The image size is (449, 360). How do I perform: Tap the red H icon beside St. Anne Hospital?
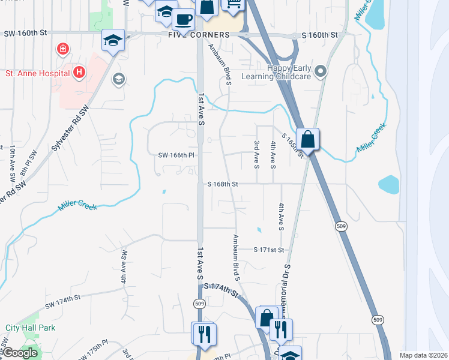[x=79, y=73]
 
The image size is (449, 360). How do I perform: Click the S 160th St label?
[x=320, y=35]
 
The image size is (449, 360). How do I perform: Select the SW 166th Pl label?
[x=177, y=155]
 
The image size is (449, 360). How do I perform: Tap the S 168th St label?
[x=223, y=184]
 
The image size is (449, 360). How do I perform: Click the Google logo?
[x=20, y=353]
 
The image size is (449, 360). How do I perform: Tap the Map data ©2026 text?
[x=423, y=355]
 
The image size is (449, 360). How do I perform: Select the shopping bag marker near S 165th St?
[x=307, y=140]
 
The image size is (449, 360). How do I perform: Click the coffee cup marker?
[x=183, y=19]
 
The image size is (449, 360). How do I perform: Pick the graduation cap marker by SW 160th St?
[x=113, y=40]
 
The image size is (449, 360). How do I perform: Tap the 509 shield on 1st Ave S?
[x=199, y=304]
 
